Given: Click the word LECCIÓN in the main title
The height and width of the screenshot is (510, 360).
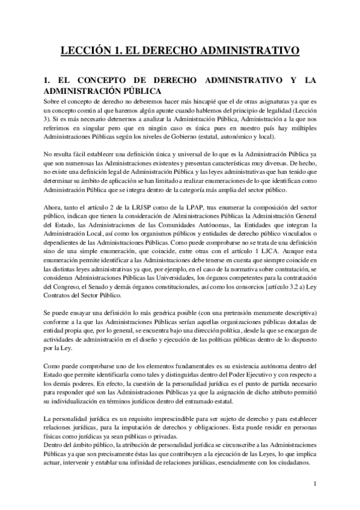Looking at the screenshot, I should [89, 50].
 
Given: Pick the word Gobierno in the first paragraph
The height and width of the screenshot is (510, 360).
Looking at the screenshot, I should [197, 138].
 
